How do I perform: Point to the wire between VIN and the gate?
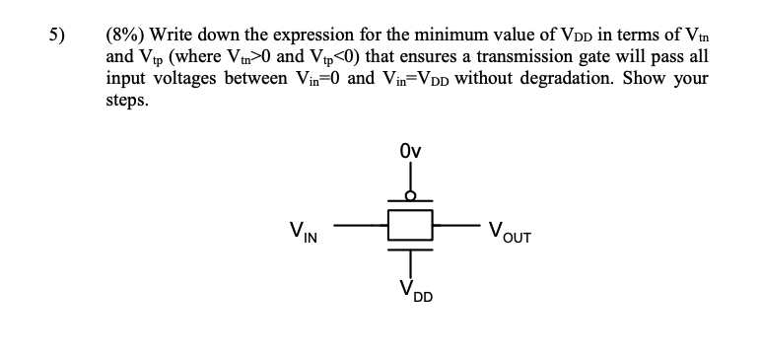[361, 226]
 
